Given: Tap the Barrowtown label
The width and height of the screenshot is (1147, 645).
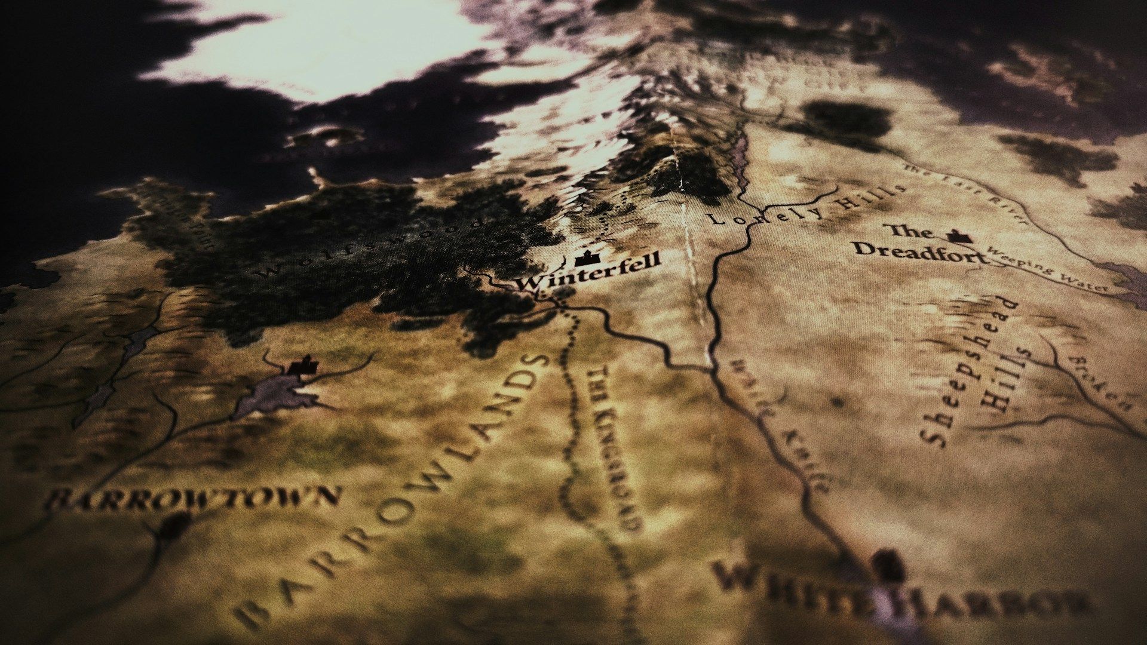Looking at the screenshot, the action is tap(194, 497).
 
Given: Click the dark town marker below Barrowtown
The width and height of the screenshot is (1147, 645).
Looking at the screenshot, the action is tap(174, 526).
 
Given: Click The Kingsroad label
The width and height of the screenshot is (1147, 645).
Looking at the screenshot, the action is tap(615, 448).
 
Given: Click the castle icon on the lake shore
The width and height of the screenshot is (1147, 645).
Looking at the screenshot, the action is tap(302, 365).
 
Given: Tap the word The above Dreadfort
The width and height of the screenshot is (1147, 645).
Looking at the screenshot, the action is tap(908, 231).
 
